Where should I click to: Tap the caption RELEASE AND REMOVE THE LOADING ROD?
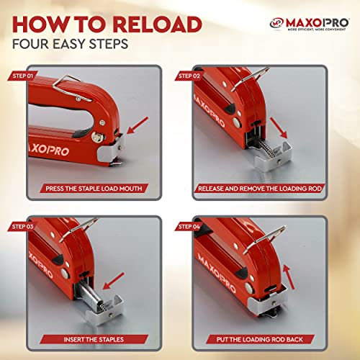pos(269,190)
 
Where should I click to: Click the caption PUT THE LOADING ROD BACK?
pos(269,337)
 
